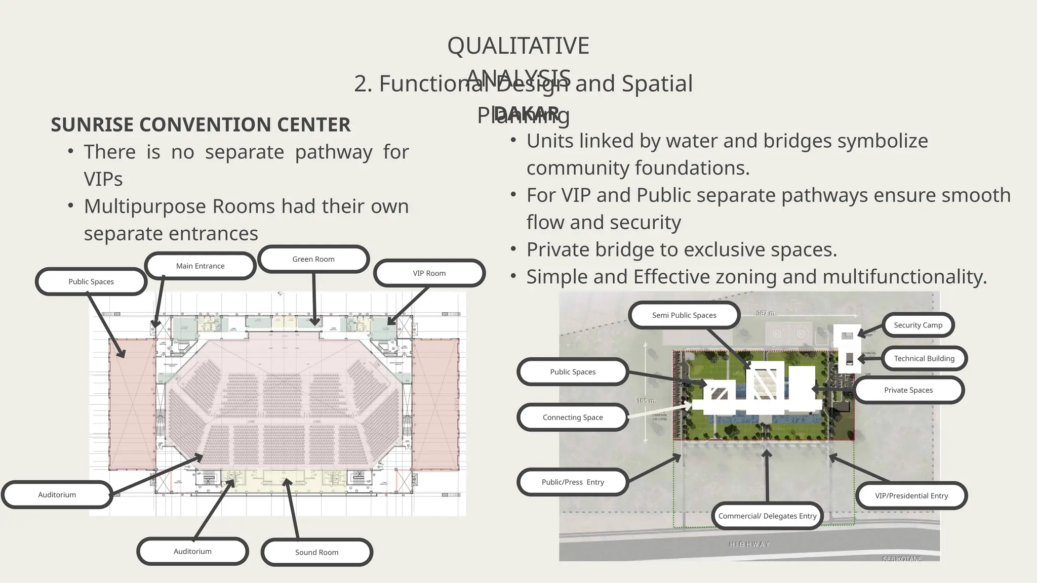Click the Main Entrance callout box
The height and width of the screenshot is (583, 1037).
[x=200, y=266]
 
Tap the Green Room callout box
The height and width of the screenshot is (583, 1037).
[x=313, y=259]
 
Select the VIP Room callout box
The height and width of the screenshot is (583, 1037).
[x=429, y=273]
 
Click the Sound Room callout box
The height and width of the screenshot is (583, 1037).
[x=317, y=552]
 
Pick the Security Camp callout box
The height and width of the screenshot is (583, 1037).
[x=918, y=325]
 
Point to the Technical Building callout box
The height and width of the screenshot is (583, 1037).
[x=924, y=358]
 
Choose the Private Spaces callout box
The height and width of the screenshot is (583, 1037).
[x=908, y=390]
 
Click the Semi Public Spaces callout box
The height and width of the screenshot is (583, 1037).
[x=684, y=315]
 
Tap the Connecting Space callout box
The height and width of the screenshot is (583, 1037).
[x=573, y=418]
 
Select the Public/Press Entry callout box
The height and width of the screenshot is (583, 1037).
[x=573, y=482]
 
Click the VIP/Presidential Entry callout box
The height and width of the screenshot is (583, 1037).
[x=911, y=495]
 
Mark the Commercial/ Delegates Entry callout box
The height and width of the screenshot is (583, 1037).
[x=767, y=516]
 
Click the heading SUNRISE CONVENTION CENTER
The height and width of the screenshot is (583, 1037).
[x=201, y=125]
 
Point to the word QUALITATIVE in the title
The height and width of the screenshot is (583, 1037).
[x=518, y=46]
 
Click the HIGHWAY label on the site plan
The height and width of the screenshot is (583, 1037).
[x=749, y=545]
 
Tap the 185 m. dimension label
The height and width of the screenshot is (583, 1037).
[x=646, y=401]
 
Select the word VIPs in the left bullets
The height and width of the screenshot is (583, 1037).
[x=103, y=179]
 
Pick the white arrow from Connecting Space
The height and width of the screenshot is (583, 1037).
[x=658, y=410]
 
